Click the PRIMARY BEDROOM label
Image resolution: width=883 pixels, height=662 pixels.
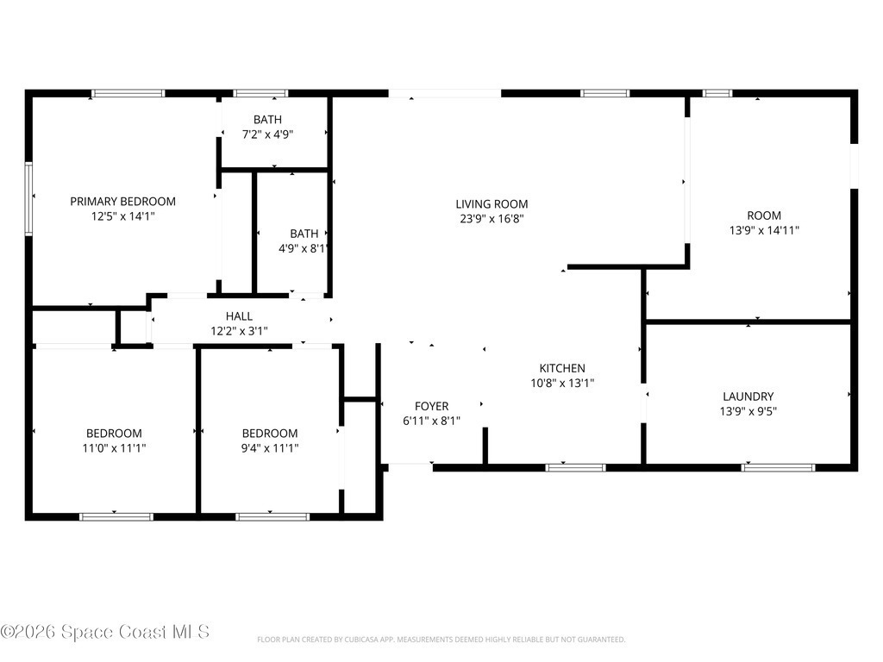click(122, 202)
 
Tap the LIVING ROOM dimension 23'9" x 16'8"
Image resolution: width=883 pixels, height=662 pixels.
click(492, 219)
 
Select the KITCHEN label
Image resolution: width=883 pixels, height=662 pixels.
click(562, 369)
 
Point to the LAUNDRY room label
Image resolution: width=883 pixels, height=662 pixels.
click(748, 397)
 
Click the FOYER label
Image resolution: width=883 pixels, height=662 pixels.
click(431, 407)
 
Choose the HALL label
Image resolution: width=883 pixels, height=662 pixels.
click(239, 316)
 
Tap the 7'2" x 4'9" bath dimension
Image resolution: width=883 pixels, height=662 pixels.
click(267, 134)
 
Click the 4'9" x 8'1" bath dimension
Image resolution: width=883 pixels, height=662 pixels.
click(303, 248)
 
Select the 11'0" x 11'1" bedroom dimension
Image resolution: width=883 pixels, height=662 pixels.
click(114, 448)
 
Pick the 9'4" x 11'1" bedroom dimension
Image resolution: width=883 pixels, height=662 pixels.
click(270, 448)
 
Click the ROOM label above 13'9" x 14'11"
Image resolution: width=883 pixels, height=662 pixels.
click(764, 215)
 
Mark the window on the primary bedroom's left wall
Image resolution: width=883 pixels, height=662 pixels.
click(28, 198)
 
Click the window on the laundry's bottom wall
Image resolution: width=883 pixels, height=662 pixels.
click(778, 467)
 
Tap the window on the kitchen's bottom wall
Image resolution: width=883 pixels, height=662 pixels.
click(575, 467)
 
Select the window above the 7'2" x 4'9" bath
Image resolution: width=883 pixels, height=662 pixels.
click(260, 93)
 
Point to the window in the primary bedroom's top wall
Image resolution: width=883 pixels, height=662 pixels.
click(128, 93)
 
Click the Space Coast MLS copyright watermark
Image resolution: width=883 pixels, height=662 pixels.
click(104, 632)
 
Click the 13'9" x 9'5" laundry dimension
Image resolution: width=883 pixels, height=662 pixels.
click(748, 411)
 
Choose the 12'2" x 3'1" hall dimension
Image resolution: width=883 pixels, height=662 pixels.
click(239, 331)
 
